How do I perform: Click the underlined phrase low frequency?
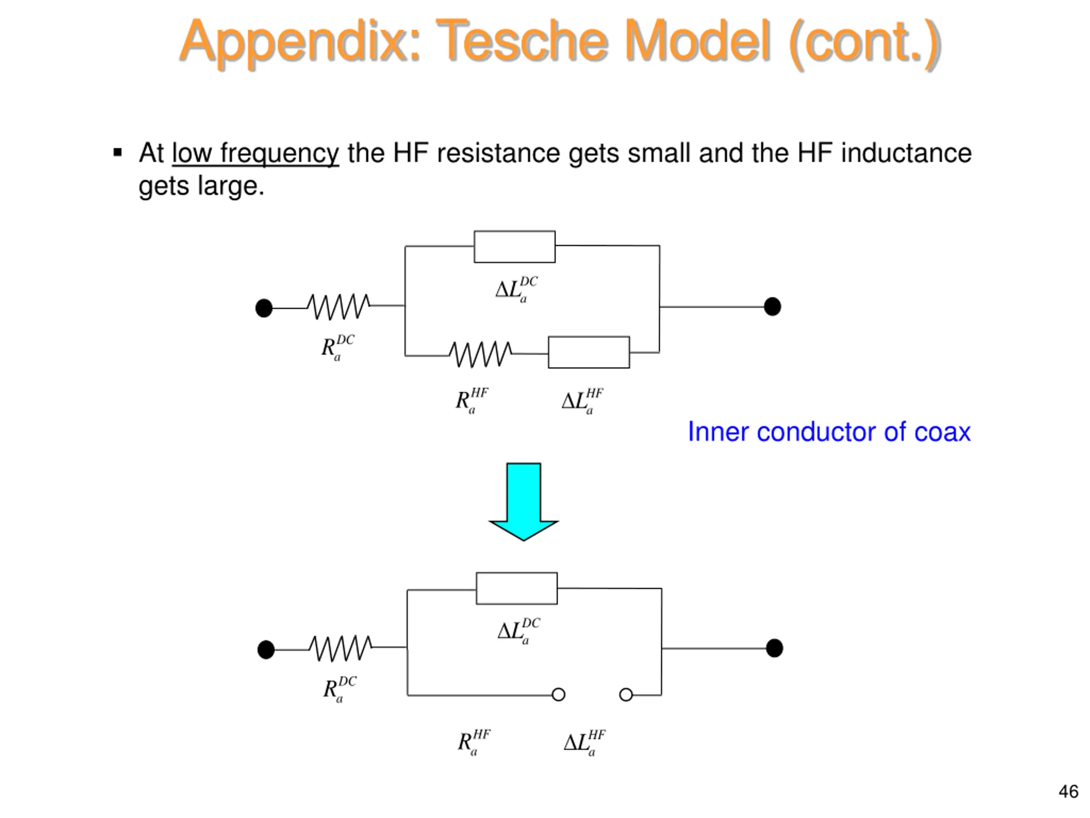(255, 153)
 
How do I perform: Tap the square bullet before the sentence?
(117, 153)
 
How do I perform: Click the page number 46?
(1068, 792)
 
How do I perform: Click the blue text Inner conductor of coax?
(829, 432)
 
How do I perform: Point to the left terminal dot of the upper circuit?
(264, 308)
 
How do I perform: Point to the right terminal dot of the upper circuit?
(772, 307)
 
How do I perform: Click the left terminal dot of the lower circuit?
(266, 649)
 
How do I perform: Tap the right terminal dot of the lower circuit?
(774, 648)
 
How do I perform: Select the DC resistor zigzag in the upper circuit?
(338, 307)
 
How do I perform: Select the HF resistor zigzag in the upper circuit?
(480, 354)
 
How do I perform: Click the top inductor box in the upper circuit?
(514, 247)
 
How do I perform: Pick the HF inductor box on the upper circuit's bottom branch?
(589, 352)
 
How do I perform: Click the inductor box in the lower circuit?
(516, 588)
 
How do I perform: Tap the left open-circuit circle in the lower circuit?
(558, 695)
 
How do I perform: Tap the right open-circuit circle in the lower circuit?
(626, 695)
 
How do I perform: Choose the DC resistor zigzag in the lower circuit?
(341, 648)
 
